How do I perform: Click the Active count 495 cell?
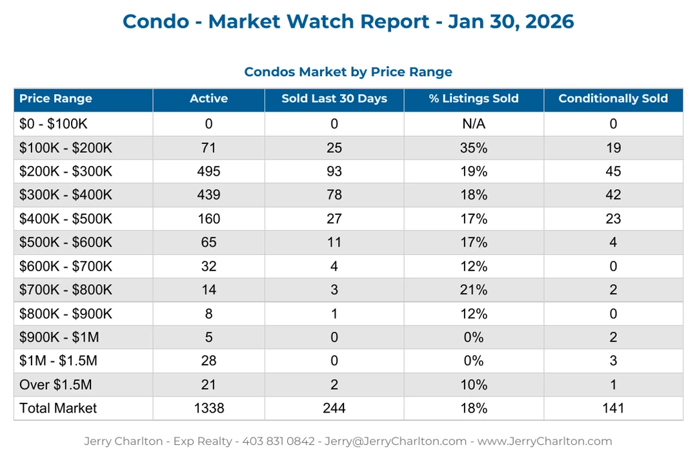click(208, 172)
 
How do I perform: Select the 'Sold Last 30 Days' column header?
click(334, 99)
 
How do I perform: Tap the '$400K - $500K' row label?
click(66, 219)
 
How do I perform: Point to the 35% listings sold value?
click(474, 148)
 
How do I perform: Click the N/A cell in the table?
click(474, 124)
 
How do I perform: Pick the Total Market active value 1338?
click(208, 408)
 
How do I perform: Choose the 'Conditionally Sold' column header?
click(613, 99)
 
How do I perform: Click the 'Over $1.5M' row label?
click(56, 385)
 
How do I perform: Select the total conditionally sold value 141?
click(613, 408)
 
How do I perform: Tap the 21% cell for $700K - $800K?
click(474, 290)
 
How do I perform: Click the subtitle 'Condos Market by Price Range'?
click(348, 72)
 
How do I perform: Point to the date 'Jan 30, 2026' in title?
click(511, 21)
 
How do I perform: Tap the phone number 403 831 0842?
click(278, 442)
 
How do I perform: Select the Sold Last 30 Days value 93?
click(334, 172)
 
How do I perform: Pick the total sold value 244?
click(334, 408)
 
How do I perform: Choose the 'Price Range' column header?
click(56, 99)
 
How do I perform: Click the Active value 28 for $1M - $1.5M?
click(208, 361)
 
